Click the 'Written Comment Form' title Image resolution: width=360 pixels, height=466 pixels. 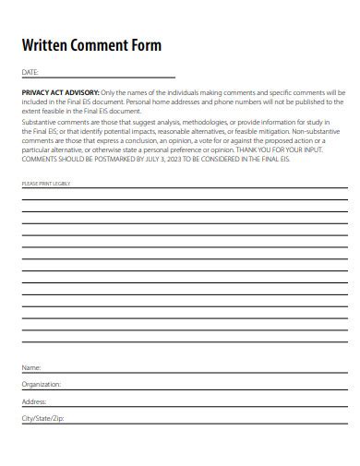(91, 44)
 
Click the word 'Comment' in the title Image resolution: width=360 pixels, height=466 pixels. (105, 44)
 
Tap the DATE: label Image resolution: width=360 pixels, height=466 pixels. (30, 72)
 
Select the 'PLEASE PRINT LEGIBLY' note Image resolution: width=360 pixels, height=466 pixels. (45, 184)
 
